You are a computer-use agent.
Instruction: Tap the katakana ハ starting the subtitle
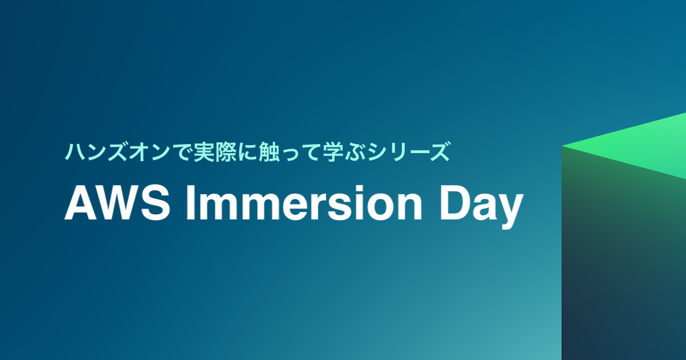[x=74, y=153]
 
